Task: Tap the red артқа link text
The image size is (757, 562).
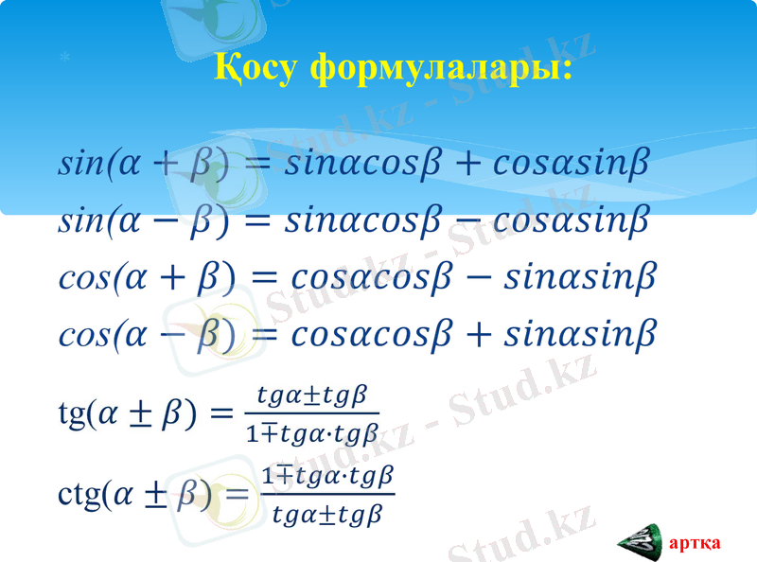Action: [x=695, y=543]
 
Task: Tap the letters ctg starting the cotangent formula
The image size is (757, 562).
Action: [x=79, y=494]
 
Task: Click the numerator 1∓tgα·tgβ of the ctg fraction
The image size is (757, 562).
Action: [x=327, y=474]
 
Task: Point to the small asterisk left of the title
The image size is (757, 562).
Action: [x=63, y=59]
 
